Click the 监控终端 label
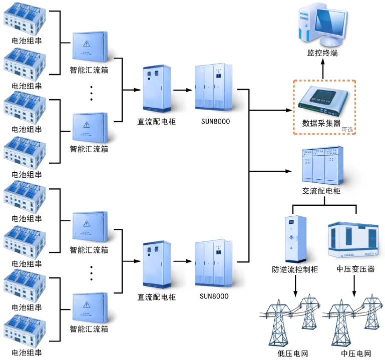[x=322, y=53]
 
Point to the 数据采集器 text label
[x=321, y=123]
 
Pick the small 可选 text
[x=347, y=130]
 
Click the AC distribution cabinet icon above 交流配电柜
[x=322, y=165]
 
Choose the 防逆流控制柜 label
[x=295, y=270]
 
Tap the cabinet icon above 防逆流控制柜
[x=295, y=239]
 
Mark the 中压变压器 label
[x=355, y=270]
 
